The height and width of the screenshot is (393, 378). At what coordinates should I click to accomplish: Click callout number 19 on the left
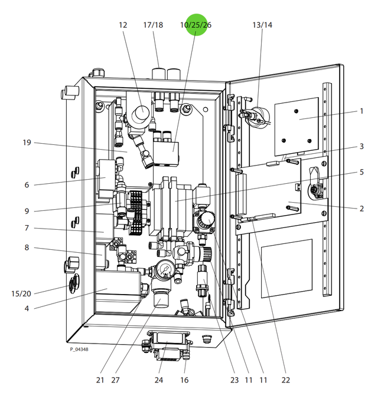tap(26, 143)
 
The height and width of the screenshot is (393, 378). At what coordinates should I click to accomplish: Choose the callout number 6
tap(27, 184)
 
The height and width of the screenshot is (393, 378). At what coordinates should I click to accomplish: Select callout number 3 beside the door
tap(361, 146)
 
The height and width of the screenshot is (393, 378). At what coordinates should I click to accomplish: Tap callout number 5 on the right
tap(361, 173)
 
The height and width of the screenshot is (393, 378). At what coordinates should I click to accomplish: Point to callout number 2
tap(361, 208)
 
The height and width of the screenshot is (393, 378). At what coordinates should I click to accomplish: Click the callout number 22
tap(286, 379)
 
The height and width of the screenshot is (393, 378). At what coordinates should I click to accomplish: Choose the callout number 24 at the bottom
tap(158, 379)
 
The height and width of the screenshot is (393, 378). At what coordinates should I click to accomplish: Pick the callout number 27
tap(115, 379)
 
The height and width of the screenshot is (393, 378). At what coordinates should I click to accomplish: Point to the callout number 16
tap(184, 379)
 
